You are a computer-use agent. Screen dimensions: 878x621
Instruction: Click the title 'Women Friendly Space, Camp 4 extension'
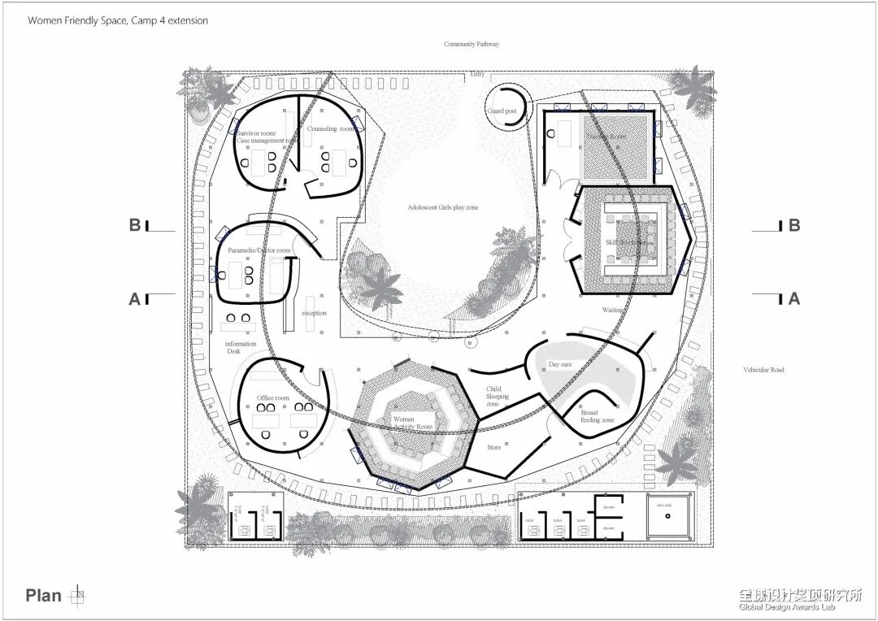coord(118,20)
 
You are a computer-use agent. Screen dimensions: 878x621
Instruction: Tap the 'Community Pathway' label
coord(472,44)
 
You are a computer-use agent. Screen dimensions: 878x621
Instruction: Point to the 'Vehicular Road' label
coord(763,370)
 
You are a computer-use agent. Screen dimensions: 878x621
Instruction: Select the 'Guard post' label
coord(502,111)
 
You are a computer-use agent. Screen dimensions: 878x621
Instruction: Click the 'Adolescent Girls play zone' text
coord(443,208)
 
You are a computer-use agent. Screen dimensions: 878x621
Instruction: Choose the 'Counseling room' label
coord(332,129)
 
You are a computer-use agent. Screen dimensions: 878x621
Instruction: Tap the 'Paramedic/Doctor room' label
coord(259,250)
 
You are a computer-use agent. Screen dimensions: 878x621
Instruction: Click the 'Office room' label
coord(273,398)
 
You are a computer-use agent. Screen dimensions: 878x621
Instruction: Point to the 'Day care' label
coord(560,365)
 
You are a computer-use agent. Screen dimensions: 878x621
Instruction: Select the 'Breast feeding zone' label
coord(597,416)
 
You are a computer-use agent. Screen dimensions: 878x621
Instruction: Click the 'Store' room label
coord(494,447)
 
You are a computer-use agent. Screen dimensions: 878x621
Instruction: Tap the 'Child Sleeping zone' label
coord(498,397)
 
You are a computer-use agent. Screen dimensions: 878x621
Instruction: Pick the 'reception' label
coord(314,313)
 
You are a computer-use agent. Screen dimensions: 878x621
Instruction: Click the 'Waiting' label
coord(613,310)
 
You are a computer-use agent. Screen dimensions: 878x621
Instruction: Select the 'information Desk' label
coord(241,348)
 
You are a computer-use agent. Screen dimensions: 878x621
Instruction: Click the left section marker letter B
coord(134,225)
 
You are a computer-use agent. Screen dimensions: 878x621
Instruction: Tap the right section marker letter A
coord(794,298)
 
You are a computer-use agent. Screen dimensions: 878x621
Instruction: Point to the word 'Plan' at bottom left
coord(43,596)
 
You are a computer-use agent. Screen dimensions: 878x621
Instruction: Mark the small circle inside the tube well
coord(667,515)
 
